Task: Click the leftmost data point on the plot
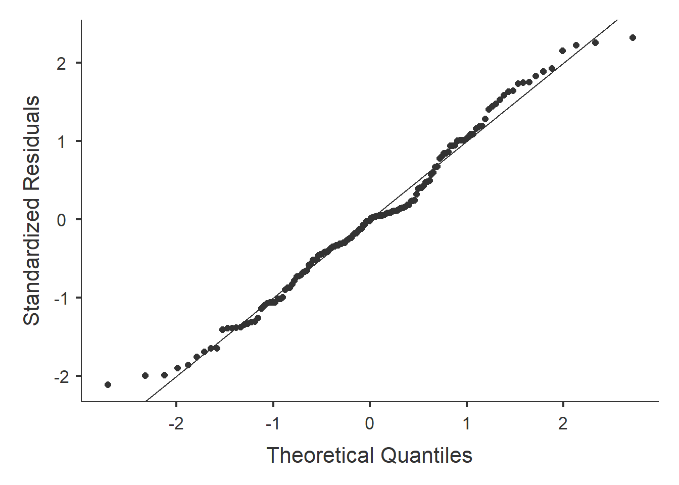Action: click(x=108, y=384)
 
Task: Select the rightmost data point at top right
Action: click(x=633, y=37)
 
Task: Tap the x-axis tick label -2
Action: click(x=176, y=423)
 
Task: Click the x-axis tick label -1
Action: click(x=273, y=423)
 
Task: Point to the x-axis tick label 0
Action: click(x=370, y=423)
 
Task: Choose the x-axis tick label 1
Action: click(x=466, y=423)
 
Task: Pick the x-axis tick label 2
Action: click(x=563, y=423)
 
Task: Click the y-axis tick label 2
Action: click(x=61, y=63)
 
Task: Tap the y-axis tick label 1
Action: click(x=61, y=141)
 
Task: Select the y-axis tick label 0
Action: click(x=61, y=220)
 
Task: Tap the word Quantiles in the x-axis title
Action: click(x=426, y=455)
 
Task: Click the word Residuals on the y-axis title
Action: click(x=31, y=143)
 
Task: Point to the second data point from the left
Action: click(x=145, y=375)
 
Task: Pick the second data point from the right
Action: click(x=595, y=42)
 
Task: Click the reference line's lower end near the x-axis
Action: click(x=146, y=401)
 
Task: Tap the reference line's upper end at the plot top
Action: click(x=617, y=21)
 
